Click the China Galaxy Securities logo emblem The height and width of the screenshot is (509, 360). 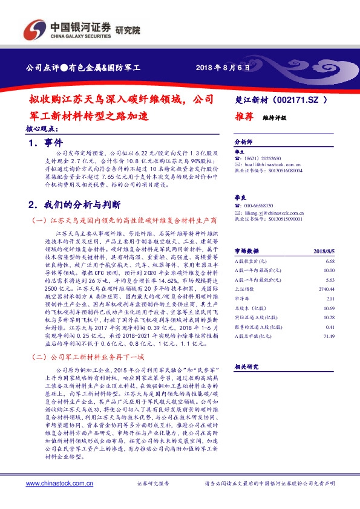(x=34, y=31)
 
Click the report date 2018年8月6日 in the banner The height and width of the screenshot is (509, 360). (x=223, y=67)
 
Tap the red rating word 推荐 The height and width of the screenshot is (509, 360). (x=243, y=118)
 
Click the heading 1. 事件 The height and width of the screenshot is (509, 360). (x=45, y=143)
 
